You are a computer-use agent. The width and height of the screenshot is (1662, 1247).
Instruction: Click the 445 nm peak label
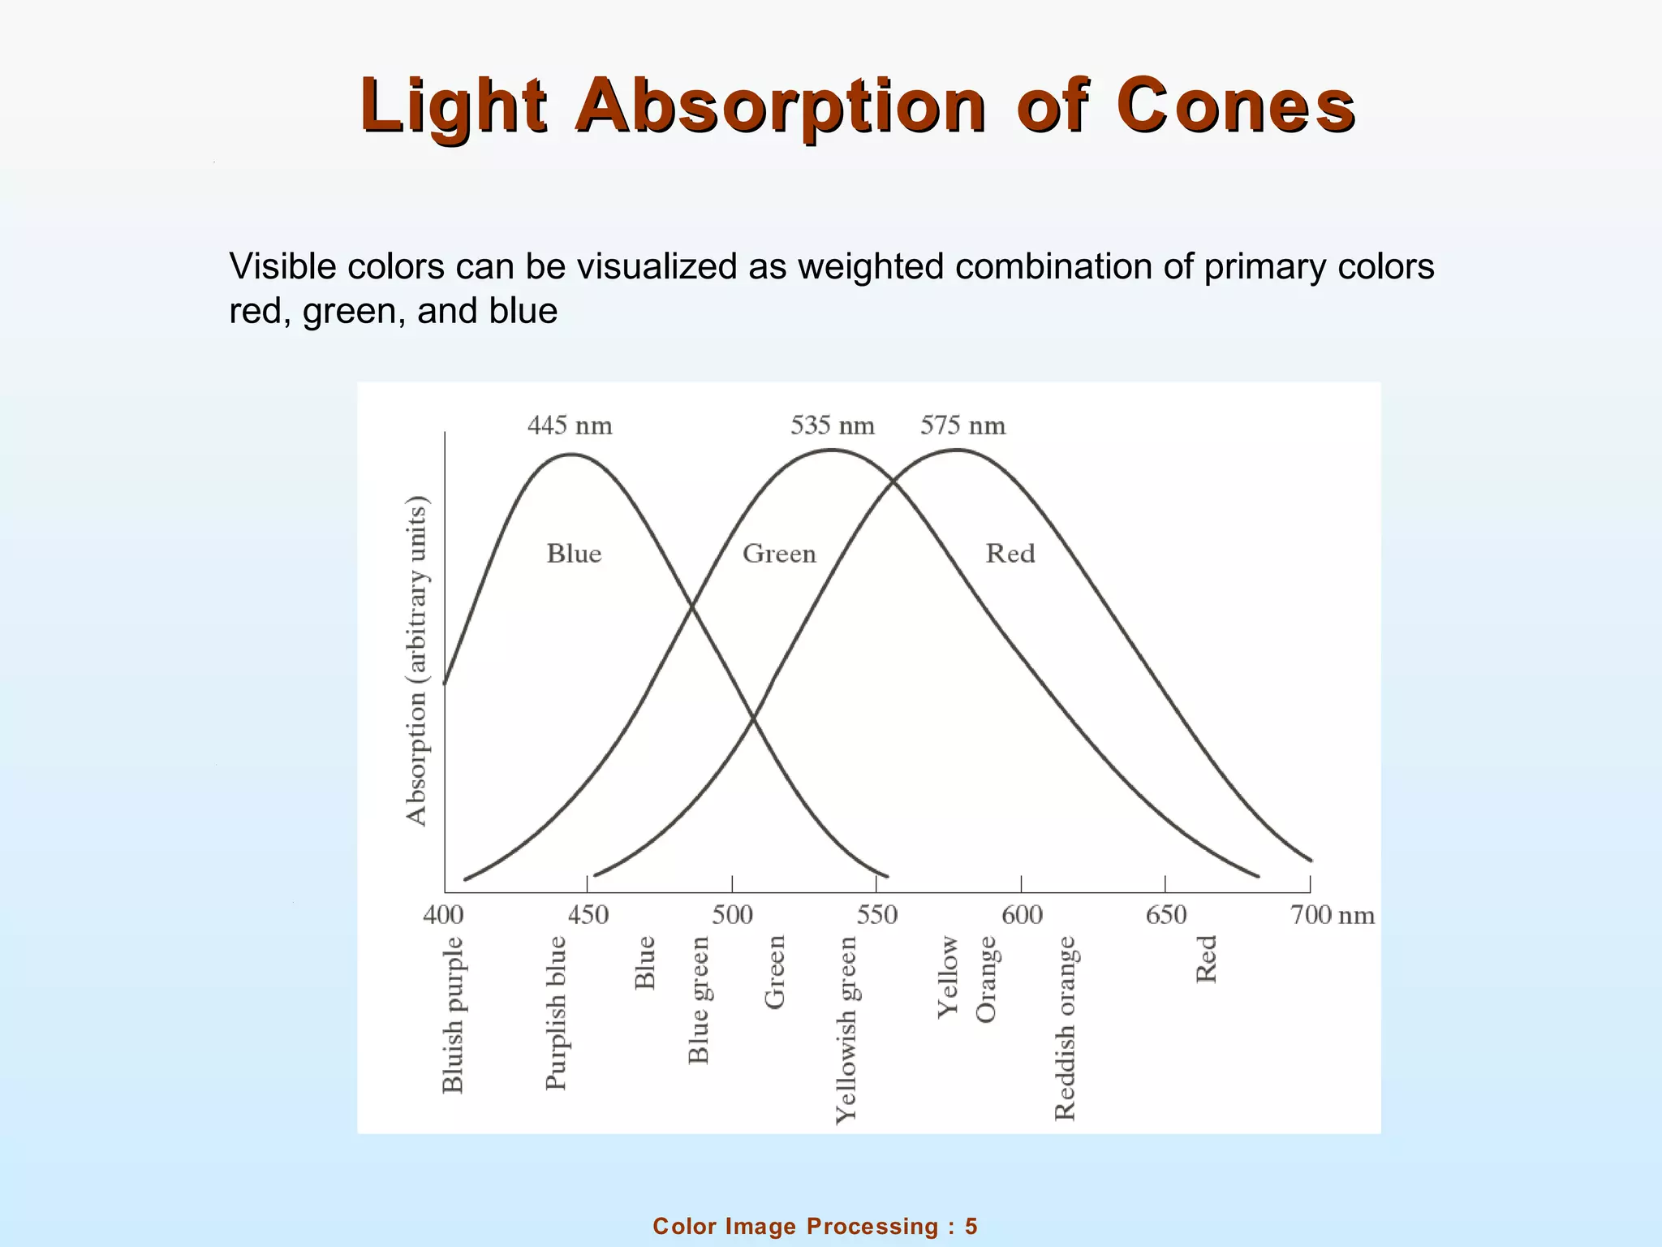pos(570,425)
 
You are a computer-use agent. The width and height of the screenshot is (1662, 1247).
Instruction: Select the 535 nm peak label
pos(833,425)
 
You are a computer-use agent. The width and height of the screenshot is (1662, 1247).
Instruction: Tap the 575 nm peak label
pos(962,425)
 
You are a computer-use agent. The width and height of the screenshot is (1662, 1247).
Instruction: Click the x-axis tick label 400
pos(443,915)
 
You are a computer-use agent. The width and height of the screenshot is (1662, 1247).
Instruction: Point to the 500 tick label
pos(732,915)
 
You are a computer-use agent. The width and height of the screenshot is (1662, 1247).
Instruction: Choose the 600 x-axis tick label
pos(1022,915)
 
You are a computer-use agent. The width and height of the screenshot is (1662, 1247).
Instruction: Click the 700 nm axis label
pos(1332,915)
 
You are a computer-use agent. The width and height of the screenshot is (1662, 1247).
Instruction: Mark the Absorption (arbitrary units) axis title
pos(416,661)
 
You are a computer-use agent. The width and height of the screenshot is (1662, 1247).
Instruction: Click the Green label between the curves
pos(779,554)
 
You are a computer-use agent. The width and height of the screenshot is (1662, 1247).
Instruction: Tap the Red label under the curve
pos(1010,554)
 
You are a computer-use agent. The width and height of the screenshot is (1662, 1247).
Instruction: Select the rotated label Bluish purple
pos(453,1015)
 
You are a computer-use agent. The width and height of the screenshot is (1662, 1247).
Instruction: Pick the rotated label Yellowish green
pos(846,1029)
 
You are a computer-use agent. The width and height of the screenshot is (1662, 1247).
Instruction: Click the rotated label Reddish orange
pos(1065,1028)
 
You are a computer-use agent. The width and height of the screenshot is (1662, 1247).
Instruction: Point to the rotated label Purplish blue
pos(556,1012)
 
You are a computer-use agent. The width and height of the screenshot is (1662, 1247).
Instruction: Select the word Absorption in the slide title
pos(781,106)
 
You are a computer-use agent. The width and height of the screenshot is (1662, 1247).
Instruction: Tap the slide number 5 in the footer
pos(971,1226)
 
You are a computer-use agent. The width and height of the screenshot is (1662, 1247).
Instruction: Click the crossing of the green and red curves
pos(894,482)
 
